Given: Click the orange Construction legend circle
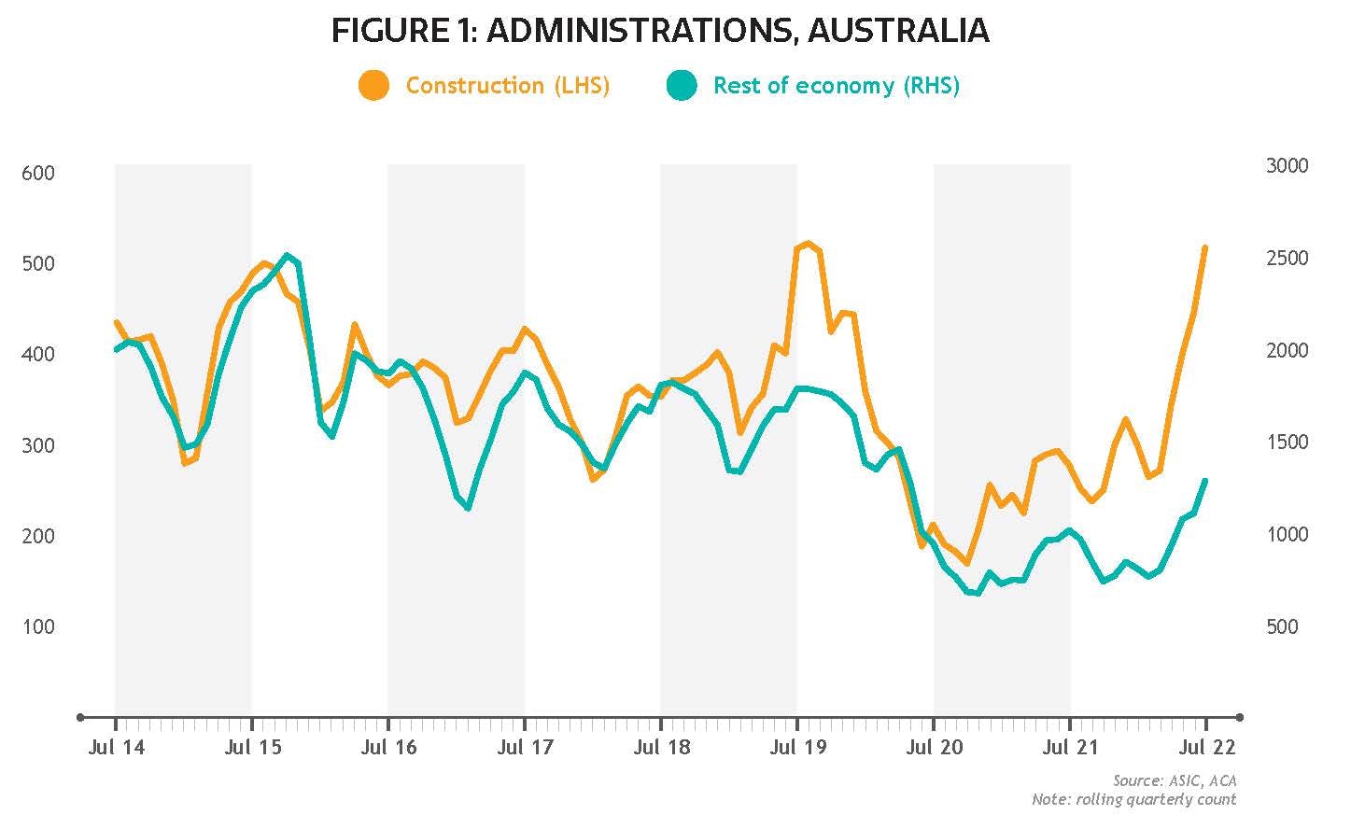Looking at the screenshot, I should click(373, 86).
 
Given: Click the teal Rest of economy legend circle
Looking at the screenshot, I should click(682, 86).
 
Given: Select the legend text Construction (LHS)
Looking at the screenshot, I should click(507, 86).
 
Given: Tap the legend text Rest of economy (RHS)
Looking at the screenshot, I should click(836, 86).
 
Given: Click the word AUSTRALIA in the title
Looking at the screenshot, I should click(897, 31).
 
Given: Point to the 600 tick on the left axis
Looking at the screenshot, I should click(38, 173).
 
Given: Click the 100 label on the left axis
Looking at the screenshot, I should click(38, 626).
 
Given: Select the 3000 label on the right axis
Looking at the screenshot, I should click(1287, 165).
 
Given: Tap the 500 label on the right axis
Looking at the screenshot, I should click(1282, 626).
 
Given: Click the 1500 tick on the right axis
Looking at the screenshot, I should click(1287, 442).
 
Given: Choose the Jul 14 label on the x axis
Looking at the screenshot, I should click(115, 748).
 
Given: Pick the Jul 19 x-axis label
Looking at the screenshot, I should click(796, 748).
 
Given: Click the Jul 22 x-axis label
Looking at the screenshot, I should click(1205, 748).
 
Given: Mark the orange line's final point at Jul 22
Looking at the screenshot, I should click(1205, 247).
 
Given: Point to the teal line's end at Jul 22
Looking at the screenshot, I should click(1205, 481).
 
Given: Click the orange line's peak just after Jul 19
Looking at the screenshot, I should click(808, 244).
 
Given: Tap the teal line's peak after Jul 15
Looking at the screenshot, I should click(287, 255).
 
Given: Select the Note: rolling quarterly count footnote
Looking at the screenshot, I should click(1133, 799).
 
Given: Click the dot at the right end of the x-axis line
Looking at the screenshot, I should click(1240, 718).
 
